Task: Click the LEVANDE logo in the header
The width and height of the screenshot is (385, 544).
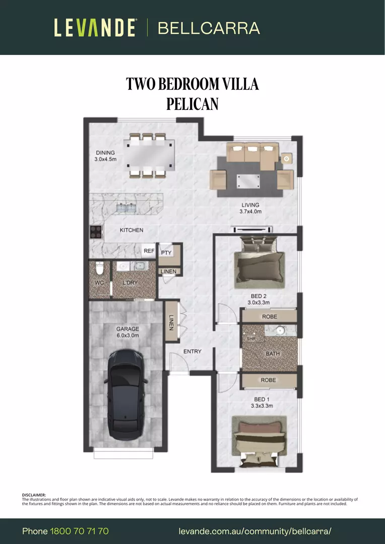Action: click(95, 28)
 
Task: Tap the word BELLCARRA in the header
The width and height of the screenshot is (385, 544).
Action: click(209, 28)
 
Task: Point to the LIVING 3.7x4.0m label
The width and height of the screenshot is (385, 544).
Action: click(250, 208)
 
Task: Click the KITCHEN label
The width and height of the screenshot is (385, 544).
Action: click(131, 230)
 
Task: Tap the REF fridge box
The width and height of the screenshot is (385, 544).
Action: click(149, 250)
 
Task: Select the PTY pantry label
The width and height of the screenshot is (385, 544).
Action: click(166, 253)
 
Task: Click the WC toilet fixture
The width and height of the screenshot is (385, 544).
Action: click(99, 268)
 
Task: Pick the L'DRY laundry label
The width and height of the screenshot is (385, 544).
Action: click(130, 283)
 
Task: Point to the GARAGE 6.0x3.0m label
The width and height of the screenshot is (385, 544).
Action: click(127, 332)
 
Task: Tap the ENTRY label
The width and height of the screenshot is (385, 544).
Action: click(192, 351)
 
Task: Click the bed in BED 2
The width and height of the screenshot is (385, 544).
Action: click(260, 262)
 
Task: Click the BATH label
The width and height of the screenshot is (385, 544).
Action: click(273, 354)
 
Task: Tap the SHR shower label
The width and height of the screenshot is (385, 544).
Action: click(250, 339)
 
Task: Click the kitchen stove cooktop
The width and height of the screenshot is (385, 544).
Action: click(96, 232)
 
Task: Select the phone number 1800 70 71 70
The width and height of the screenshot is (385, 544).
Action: click(79, 531)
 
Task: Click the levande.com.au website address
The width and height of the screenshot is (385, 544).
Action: click(255, 531)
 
